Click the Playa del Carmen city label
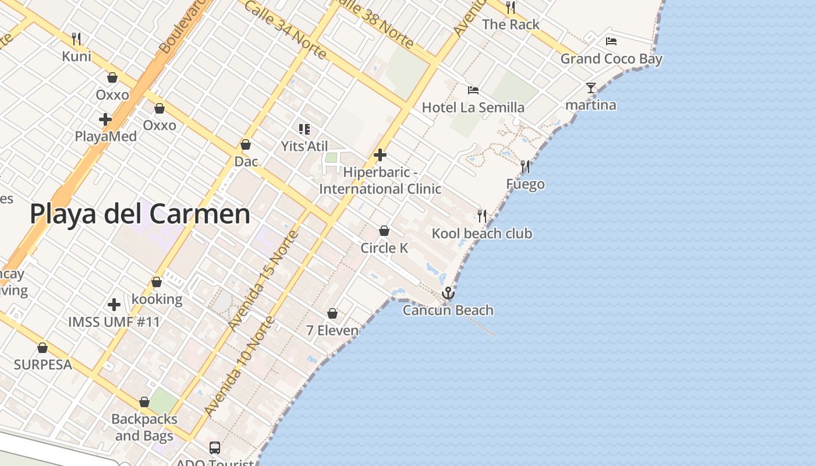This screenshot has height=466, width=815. (x=140, y=214)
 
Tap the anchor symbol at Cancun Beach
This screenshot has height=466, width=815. (x=448, y=293)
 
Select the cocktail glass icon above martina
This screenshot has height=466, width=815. (x=591, y=88)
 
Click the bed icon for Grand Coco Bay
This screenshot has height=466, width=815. (x=611, y=41)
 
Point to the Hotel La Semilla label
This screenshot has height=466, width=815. (x=473, y=107)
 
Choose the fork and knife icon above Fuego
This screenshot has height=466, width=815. (x=525, y=167)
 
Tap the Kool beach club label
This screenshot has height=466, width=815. (x=481, y=234)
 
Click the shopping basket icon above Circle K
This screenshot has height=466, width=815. (x=384, y=231)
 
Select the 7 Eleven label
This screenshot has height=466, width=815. (x=332, y=330)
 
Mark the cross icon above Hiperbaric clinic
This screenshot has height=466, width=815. (x=380, y=155)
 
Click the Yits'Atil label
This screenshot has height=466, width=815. (x=304, y=146)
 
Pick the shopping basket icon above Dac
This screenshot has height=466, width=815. (x=246, y=144)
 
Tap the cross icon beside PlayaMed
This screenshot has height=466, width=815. (x=105, y=119)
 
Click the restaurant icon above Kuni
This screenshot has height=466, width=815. (x=76, y=39)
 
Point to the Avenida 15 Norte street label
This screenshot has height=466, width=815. (x=263, y=281)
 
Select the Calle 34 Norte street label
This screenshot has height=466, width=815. (x=285, y=29)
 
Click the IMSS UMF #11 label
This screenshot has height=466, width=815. (x=114, y=322)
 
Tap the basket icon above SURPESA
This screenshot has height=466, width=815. (x=42, y=348)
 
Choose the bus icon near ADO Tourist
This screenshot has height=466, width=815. (x=215, y=447)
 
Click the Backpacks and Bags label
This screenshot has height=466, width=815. (x=144, y=427)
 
